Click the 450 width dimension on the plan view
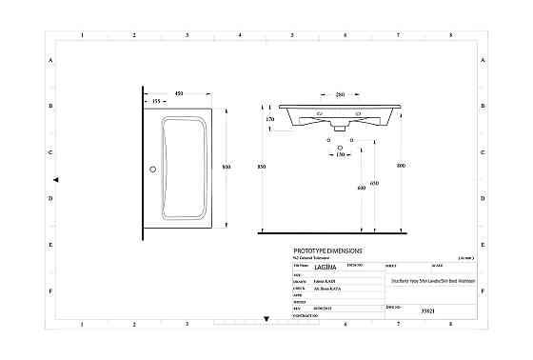click(x=179, y=93)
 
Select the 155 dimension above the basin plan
click(x=154, y=102)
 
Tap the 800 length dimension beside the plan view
click(x=227, y=167)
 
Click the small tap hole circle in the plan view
click(x=150, y=170)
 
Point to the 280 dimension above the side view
click(x=341, y=94)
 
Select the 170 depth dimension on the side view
click(x=270, y=120)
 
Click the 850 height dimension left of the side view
click(x=262, y=167)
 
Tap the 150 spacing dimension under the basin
click(x=341, y=153)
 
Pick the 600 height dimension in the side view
click(x=361, y=189)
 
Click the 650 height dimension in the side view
click(x=374, y=183)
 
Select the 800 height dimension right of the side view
click(x=401, y=167)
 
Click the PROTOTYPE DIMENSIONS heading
click(x=327, y=250)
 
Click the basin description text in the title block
click(x=425, y=282)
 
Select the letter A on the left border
click(x=50, y=60)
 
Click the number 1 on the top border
click(x=83, y=36)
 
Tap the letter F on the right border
click(x=484, y=291)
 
